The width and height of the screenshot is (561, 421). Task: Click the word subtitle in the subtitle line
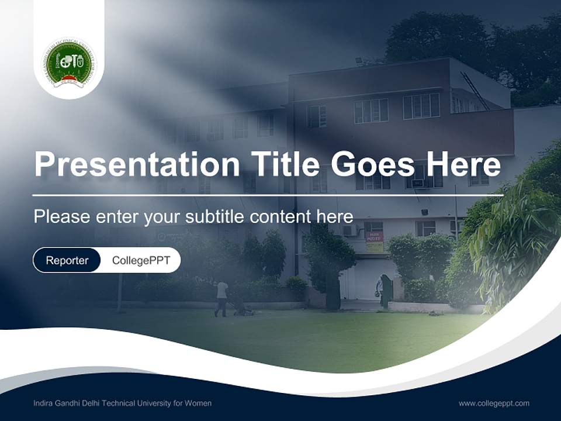tap(215, 216)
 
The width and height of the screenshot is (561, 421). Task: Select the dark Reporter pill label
tap(67, 260)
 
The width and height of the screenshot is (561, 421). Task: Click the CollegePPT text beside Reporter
tap(141, 260)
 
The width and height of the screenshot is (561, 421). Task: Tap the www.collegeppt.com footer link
tap(494, 403)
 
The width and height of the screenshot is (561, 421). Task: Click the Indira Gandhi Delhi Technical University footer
tap(123, 403)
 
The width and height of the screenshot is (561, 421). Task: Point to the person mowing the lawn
tap(221, 298)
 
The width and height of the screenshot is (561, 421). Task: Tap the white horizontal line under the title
tap(268, 195)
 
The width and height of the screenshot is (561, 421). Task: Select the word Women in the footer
tap(199, 403)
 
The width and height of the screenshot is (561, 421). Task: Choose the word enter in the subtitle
tap(116, 216)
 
